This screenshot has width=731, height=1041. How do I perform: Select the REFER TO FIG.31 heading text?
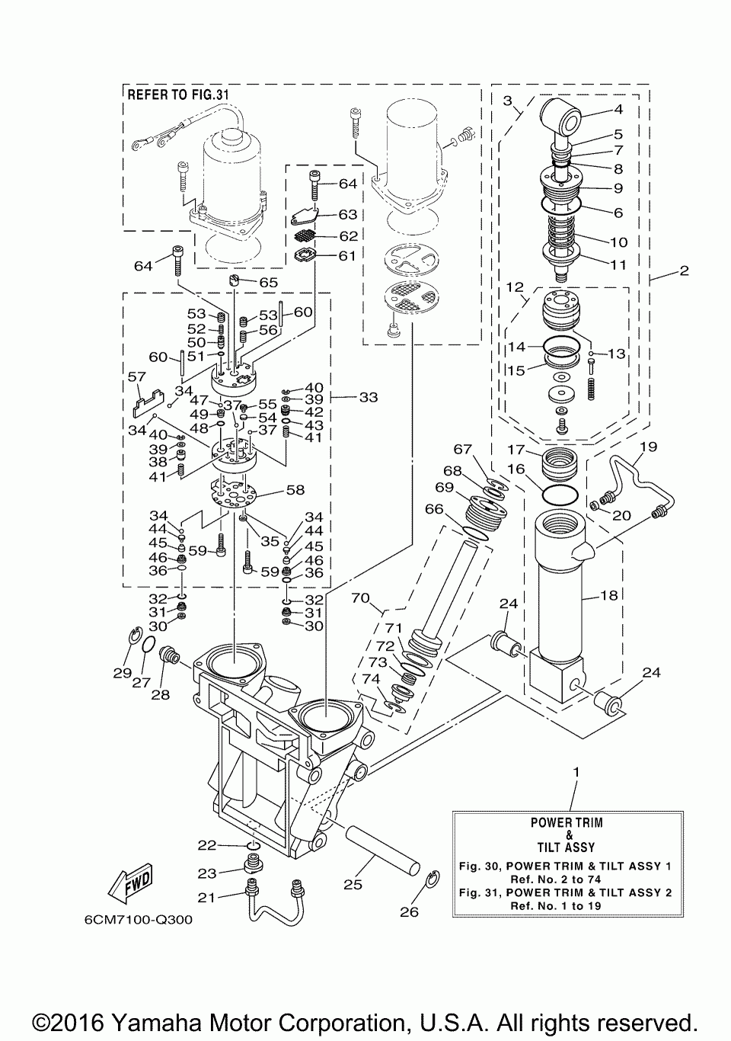click(178, 94)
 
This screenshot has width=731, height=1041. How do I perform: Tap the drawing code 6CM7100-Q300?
click(139, 920)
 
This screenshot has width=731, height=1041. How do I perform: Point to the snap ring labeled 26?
click(433, 877)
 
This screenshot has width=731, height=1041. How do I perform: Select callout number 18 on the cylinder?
click(609, 595)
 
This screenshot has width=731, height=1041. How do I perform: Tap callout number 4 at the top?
click(618, 109)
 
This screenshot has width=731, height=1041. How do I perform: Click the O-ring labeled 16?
click(560, 494)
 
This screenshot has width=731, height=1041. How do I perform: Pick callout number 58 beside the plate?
click(295, 490)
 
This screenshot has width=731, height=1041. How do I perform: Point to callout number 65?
click(269, 283)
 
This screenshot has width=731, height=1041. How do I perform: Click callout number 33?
click(369, 397)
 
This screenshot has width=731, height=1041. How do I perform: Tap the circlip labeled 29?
click(134, 636)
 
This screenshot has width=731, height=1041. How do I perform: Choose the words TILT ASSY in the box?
click(566, 847)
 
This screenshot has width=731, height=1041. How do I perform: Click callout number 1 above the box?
click(576, 773)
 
